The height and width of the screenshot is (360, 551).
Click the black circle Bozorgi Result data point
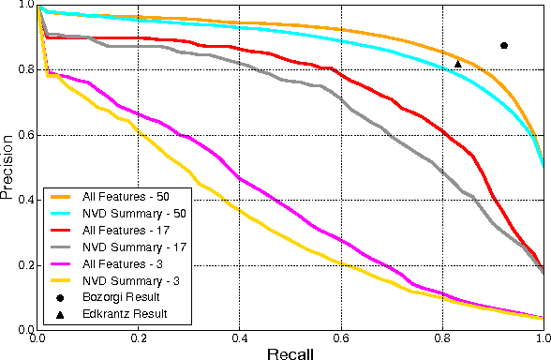(504, 46)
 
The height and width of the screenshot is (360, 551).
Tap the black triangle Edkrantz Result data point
(457, 64)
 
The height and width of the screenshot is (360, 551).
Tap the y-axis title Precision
(8, 169)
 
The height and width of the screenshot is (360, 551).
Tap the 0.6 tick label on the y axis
(20, 136)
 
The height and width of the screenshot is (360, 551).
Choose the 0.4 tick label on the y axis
(20, 201)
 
